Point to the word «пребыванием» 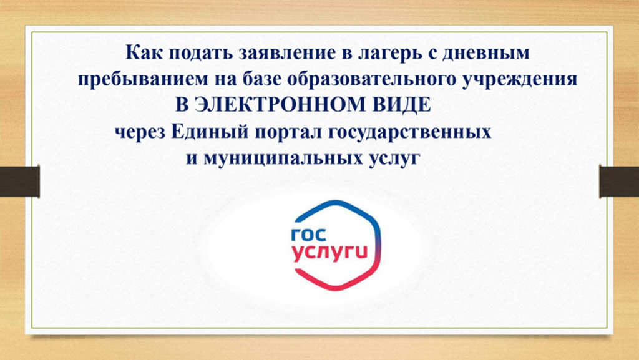point(144,79)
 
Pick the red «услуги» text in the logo point(330,254)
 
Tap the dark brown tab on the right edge point(619,181)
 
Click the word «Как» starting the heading point(143,54)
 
